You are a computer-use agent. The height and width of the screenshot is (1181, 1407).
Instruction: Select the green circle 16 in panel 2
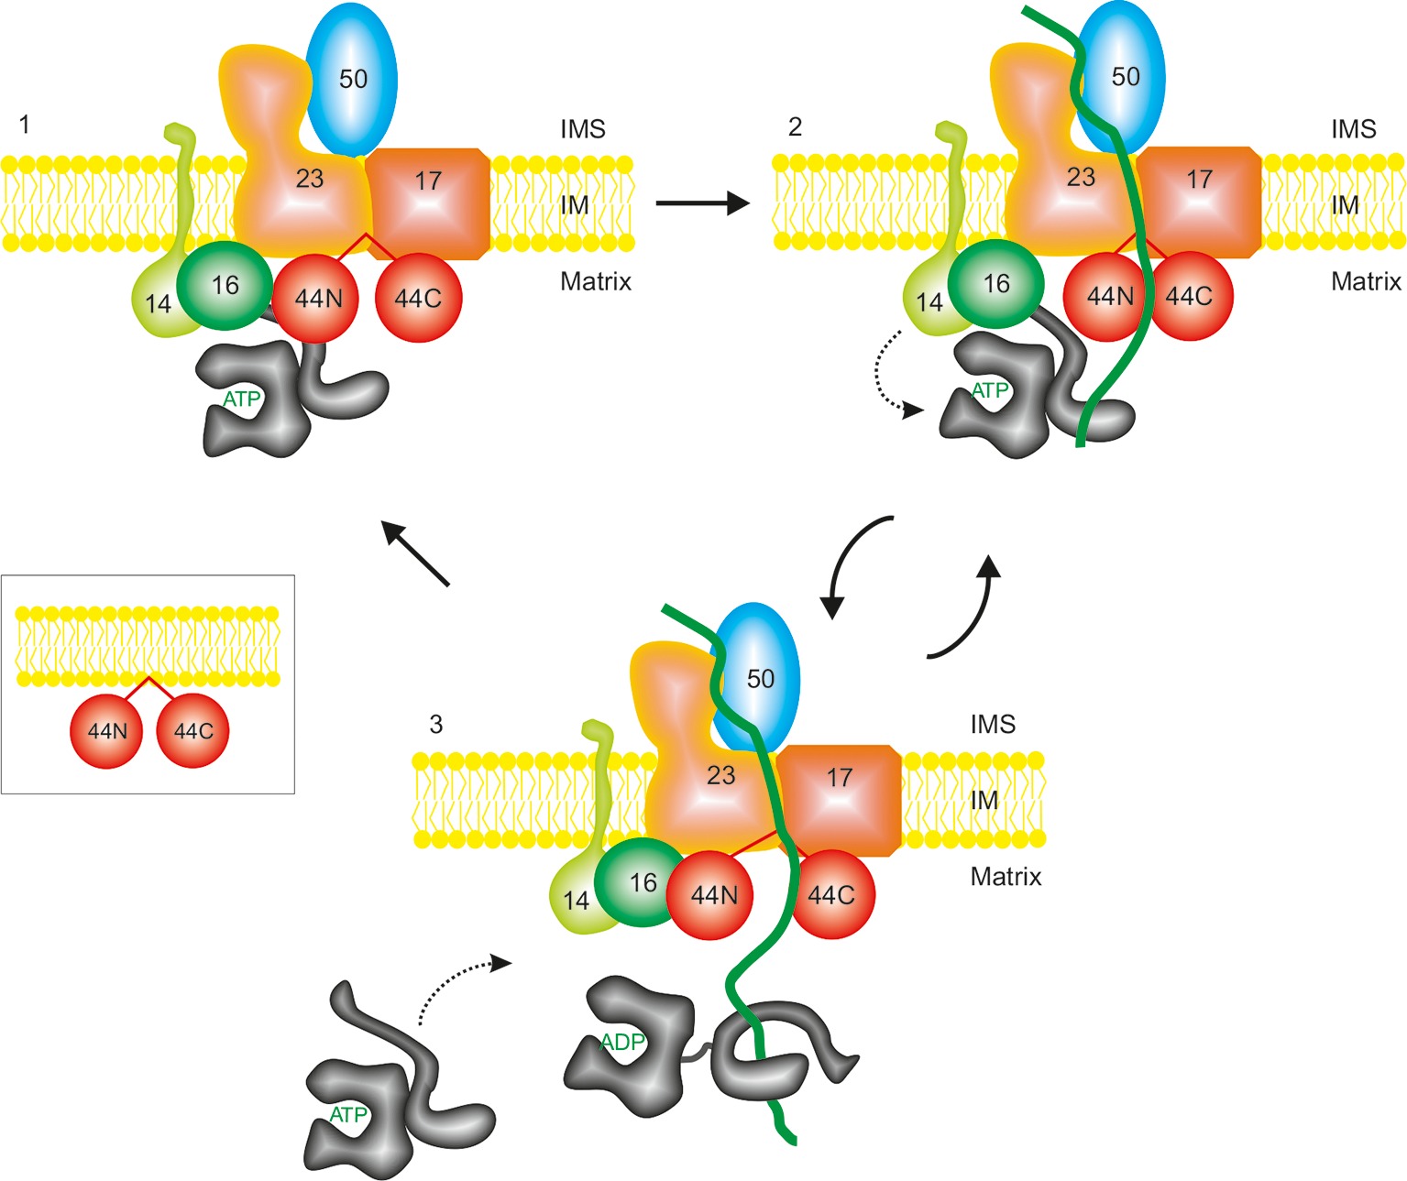pyautogui.click(x=995, y=285)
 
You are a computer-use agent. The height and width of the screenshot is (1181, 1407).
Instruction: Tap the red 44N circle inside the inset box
pyautogui.click(x=106, y=731)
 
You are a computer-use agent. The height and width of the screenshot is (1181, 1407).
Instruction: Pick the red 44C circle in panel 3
pyautogui.click(x=830, y=895)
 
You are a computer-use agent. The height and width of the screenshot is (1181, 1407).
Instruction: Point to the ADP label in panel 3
pyautogui.click(x=623, y=1043)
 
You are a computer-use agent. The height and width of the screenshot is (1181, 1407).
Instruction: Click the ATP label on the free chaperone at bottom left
pyautogui.click(x=348, y=1115)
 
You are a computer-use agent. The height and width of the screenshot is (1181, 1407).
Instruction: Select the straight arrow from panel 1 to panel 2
pyautogui.click(x=701, y=202)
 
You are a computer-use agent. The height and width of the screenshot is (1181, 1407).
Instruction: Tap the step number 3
pyautogui.click(x=436, y=725)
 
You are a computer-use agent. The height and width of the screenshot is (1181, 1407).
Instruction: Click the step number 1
pyautogui.click(x=25, y=124)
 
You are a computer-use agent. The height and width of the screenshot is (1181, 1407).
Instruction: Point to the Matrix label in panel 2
pyautogui.click(x=1366, y=281)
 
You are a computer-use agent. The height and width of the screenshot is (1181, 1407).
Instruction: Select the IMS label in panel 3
pyautogui.click(x=993, y=725)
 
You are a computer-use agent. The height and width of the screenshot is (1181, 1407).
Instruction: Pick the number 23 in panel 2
pyautogui.click(x=1081, y=177)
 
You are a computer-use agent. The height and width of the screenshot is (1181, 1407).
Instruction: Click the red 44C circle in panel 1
pyautogui.click(x=418, y=299)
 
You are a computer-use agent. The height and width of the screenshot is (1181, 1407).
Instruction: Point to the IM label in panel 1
pyautogui.click(x=574, y=205)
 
